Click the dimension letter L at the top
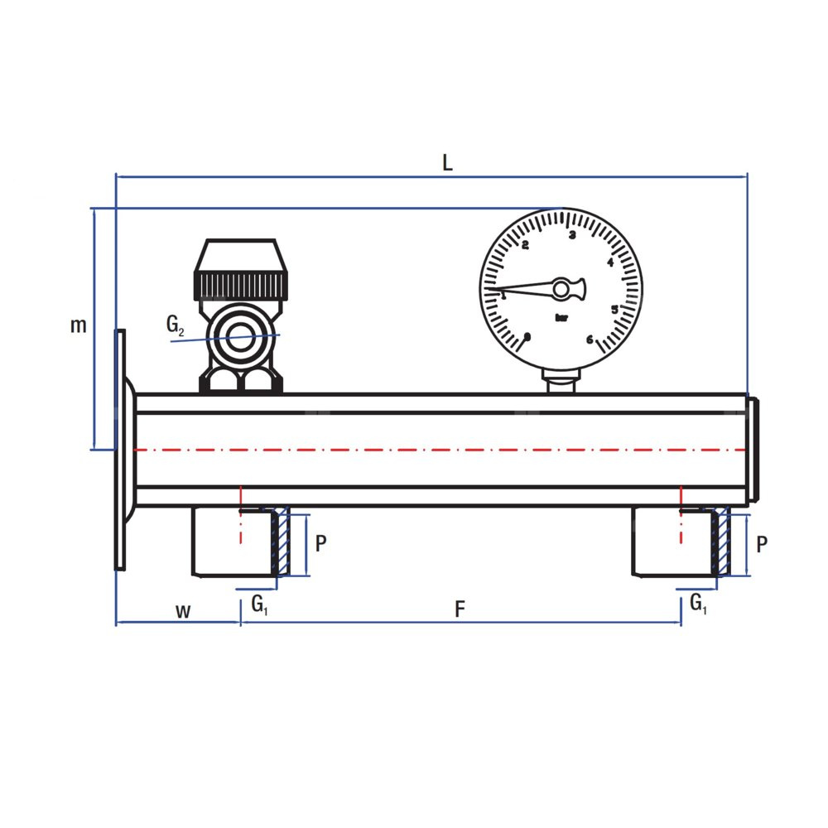pos(447,162)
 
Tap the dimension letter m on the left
pos(78,325)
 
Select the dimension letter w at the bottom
pos(183,612)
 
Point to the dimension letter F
pos(460,609)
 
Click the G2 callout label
pos(175,325)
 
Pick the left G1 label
pos(259,604)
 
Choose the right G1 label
pos(698,603)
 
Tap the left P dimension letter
pos(320,543)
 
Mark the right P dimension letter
pos(761,544)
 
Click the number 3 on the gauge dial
pos(572,235)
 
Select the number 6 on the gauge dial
pos(590,339)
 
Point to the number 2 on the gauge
pos(525,245)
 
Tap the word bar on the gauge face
pos(562,318)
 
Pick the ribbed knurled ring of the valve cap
pos(241,285)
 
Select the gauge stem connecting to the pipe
pos(561,381)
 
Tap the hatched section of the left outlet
pos(282,542)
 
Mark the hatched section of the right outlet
pos(721,542)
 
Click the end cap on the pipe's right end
pos(753,450)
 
